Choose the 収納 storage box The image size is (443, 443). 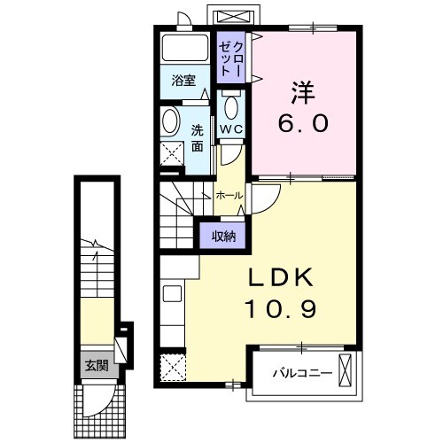[x=222, y=235]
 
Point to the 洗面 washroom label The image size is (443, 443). [x=197, y=136]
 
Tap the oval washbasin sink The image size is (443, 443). [x=172, y=121]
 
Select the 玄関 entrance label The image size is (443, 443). [x=95, y=364]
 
